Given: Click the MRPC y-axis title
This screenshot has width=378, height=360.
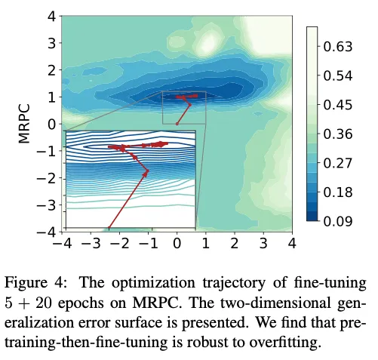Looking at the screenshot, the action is coord(24,124).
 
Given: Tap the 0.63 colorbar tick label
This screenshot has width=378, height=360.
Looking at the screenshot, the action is coord(338,47).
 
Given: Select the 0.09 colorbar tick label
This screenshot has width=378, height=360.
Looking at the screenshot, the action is coord(338,221).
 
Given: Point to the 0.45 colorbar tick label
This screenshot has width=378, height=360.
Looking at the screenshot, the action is coord(338,105).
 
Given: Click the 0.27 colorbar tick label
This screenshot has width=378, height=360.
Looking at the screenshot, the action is coord(338,163).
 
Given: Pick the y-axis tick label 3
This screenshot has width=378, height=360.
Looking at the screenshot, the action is coord(51,44).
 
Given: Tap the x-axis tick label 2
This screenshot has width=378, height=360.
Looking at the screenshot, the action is coord(235,243).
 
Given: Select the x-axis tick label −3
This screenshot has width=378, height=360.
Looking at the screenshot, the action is coord(91,243).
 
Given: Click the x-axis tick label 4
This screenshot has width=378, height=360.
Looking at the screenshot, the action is coord(292,243).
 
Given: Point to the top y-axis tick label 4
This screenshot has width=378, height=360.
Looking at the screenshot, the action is coord(51,17).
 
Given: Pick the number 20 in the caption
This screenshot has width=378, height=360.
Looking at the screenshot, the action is coord(43,303).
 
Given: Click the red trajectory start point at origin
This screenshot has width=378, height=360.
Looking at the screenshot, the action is coord(177,124).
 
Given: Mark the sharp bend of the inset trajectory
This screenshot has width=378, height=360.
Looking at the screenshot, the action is coord(147,171).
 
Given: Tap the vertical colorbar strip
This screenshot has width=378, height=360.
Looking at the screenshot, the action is coord(312,124).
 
